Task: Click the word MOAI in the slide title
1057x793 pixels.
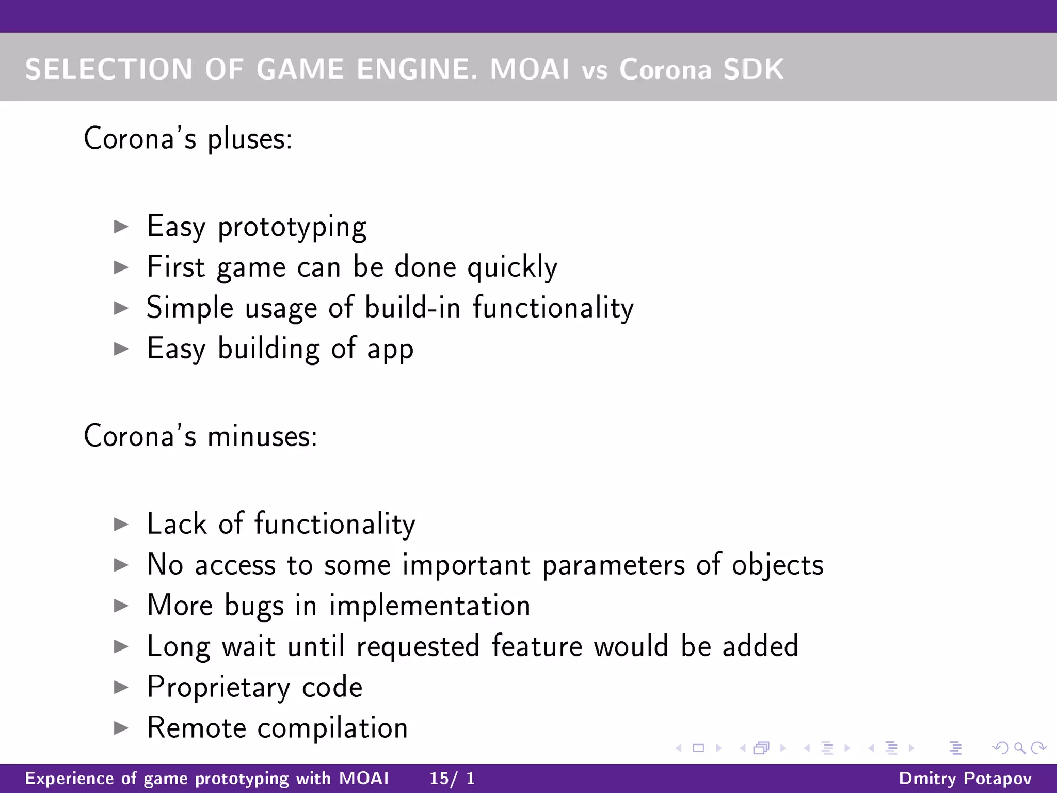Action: pyautogui.click(x=530, y=69)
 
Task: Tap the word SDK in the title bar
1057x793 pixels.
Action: pyautogui.click(x=753, y=69)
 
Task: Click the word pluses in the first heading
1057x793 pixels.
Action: pyautogui.click(x=250, y=139)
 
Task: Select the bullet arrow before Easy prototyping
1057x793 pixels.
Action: pyautogui.click(x=121, y=227)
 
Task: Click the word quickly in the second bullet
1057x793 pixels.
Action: pyautogui.click(x=512, y=267)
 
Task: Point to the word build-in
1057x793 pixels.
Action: pyautogui.click(x=412, y=308)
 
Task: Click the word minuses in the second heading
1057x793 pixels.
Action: pyautogui.click(x=262, y=436)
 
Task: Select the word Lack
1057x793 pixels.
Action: pyautogui.click(x=177, y=524)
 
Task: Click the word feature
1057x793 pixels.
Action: pyautogui.click(x=537, y=646)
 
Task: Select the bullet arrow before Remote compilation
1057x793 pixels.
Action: pyautogui.click(x=121, y=728)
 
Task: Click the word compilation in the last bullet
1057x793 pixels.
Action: pyautogui.click(x=332, y=728)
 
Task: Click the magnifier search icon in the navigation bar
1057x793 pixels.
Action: pyautogui.click(x=1019, y=748)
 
